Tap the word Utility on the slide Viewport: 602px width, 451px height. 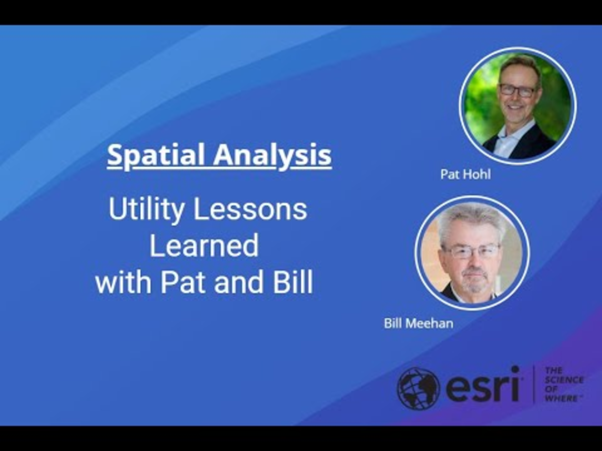146,210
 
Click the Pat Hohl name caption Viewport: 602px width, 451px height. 466,175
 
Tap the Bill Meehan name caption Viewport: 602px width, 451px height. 418,323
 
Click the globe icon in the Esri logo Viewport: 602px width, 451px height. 418,388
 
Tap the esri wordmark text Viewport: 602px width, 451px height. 482,385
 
